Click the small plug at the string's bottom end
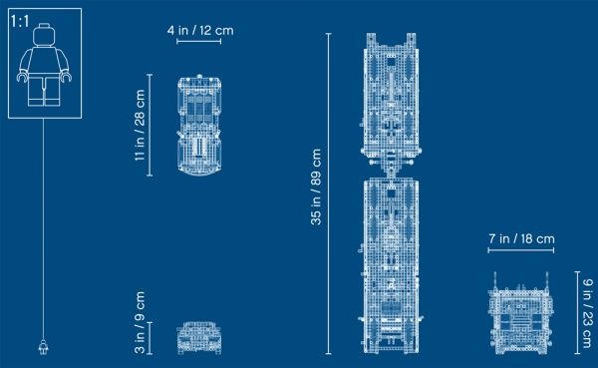click(43, 347)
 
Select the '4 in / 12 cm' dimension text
click(199, 31)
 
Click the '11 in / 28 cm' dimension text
click(140, 127)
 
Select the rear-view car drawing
click(198, 337)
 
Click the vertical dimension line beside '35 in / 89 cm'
click(330, 193)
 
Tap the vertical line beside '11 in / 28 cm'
click(150, 125)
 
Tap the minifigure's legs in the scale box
click(44, 91)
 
